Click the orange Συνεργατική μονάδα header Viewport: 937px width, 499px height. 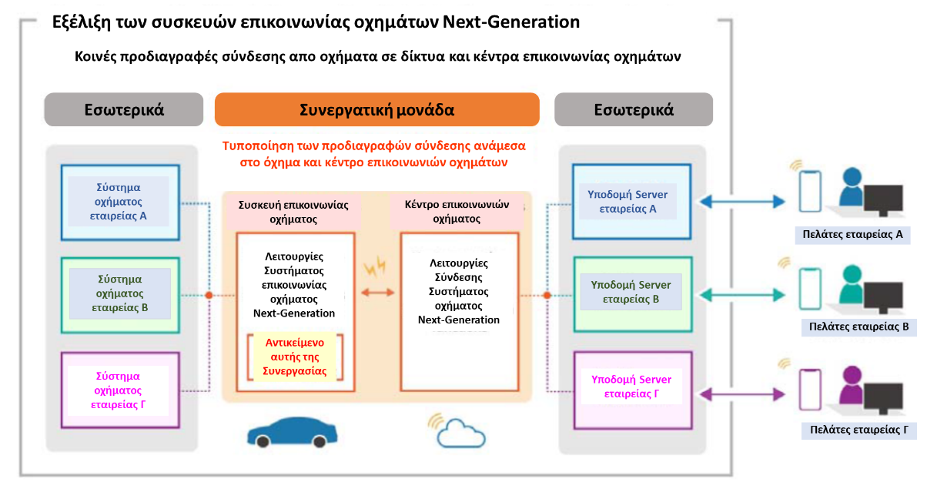pos(377,109)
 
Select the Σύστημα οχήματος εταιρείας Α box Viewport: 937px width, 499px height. pos(120,203)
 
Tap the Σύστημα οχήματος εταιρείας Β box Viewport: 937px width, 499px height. pos(120,295)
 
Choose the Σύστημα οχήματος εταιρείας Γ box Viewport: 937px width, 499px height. pos(120,390)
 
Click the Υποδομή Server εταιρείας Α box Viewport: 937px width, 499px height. pos(631,202)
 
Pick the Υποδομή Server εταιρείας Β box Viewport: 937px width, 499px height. pos(633,294)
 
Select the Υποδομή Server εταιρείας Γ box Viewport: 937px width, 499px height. pos(633,390)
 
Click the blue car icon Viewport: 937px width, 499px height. pos(292,432)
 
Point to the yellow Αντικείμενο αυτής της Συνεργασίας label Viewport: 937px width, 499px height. pos(294,357)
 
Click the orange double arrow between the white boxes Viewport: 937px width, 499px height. pos(378,293)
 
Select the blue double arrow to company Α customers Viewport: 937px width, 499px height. pos(742,202)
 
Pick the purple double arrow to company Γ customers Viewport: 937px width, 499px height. pos(742,394)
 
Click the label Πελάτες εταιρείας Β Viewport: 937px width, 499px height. pos(858,327)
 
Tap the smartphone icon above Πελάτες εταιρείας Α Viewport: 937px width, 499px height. pos(810,191)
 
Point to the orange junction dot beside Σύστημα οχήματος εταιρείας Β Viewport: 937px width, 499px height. pos(209,295)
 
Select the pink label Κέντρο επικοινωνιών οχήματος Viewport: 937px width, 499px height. pos(457,211)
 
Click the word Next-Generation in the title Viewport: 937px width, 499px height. pos(511,22)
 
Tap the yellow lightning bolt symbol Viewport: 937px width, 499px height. pos(375,267)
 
